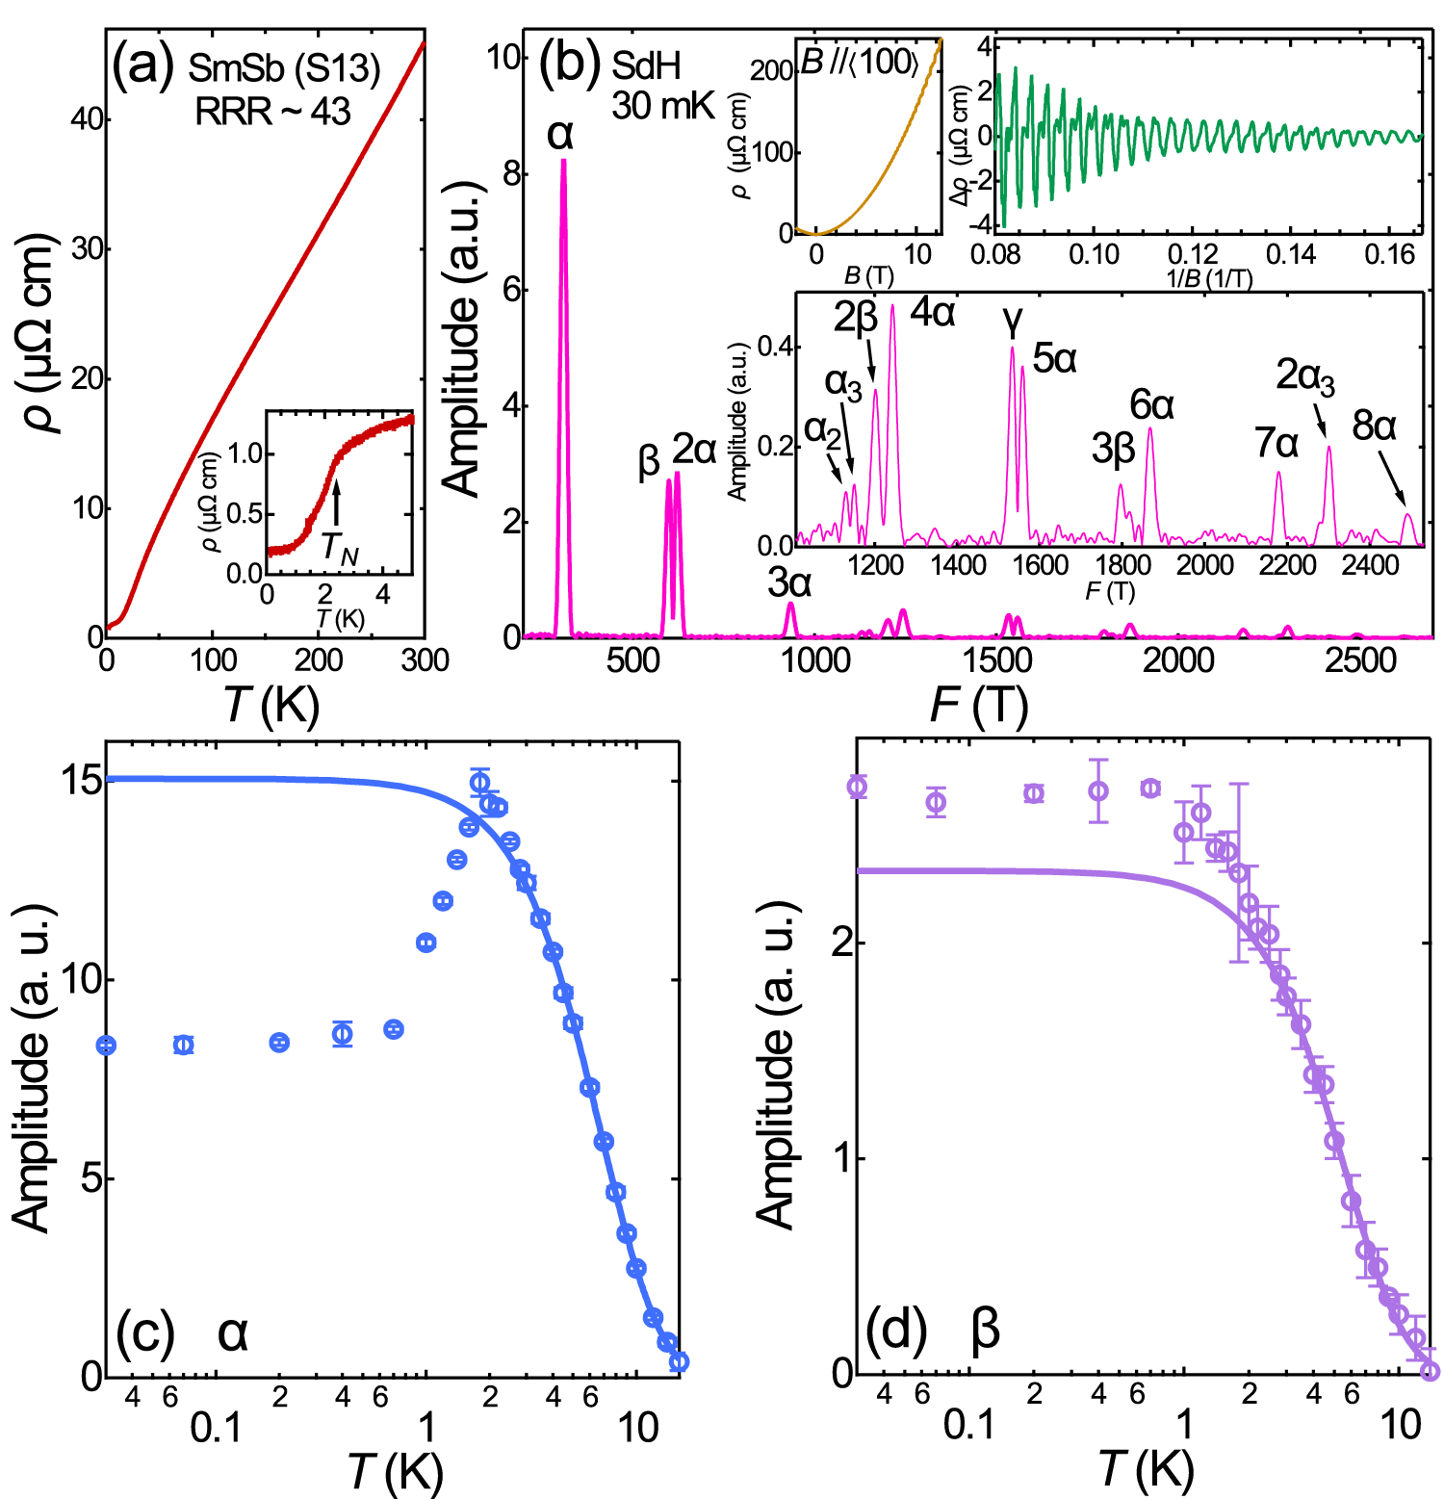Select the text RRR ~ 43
tap(272, 113)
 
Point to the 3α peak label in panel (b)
tap(789, 582)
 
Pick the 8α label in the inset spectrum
tap(1374, 426)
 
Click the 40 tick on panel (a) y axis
tap(86, 119)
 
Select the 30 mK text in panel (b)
tap(662, 106)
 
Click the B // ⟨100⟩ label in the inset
tap(860, 63)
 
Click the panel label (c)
tap(144, 1332)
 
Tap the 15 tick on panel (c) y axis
tap(82, 780)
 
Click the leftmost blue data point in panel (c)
tap(107, 1045)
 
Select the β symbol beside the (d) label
tap(985, 1330)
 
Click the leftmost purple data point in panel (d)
tap(857, 788)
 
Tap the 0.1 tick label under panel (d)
tap(968, 1425)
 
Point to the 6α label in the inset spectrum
tap(1151, 405)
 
